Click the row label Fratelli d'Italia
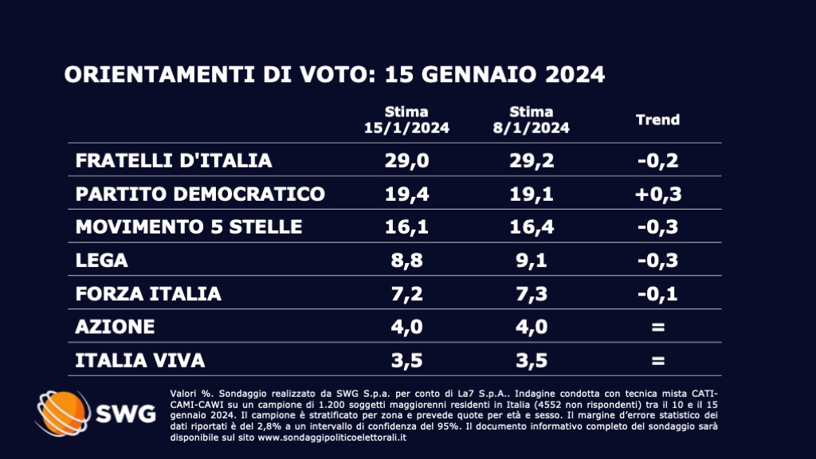[x=174, y=160]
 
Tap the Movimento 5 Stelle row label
[x=189, y=227]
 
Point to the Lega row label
[x=101, y=261]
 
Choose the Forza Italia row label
[x=148, y=294]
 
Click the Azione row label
[x=115, y=328]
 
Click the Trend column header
[x=657, y=120]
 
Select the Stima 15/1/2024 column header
[x=406, y=120]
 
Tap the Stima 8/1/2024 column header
[x=532, y=120]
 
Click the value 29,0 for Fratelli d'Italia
[x=406, y=160]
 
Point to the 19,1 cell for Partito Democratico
[x=532, y=194]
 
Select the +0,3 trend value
[x=657, y=194]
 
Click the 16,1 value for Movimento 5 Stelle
[x=406, y=227]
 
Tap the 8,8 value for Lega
[x=406, y=261]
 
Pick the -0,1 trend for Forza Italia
[x=657, y=294]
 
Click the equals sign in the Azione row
[x=657, y=328]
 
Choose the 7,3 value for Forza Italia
[x=532, y=294]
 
